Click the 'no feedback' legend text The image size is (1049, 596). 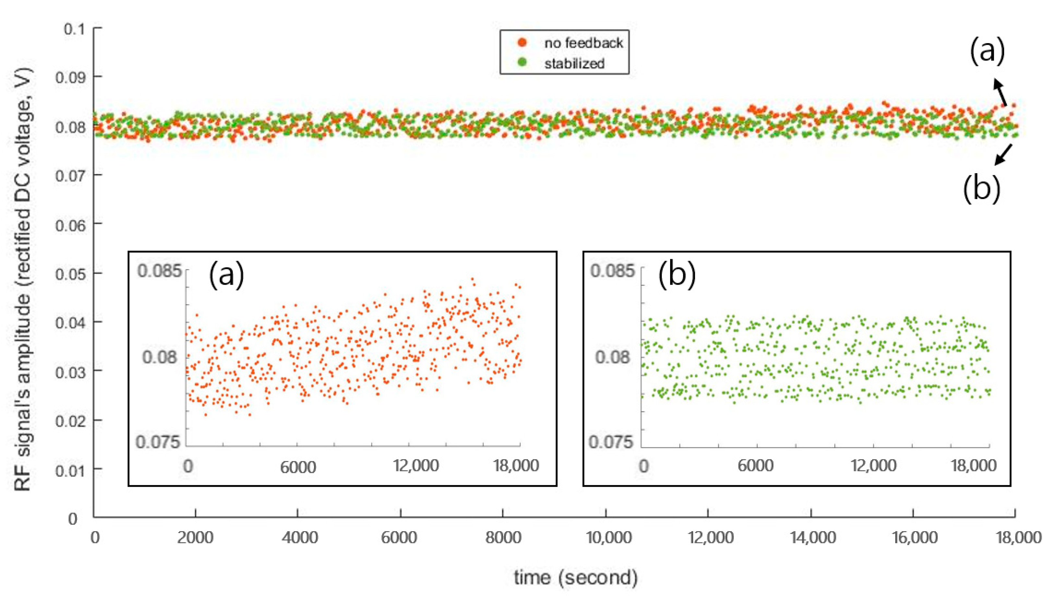(x=584, y=43)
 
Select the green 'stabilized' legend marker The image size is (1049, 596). (x=522, y=63)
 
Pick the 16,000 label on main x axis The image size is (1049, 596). (x=915, y=537)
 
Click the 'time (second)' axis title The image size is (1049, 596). (x=576, y=578)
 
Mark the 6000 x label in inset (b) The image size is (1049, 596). (x=755, y=466)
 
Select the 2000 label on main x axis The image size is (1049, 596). (x=195, y=537)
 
